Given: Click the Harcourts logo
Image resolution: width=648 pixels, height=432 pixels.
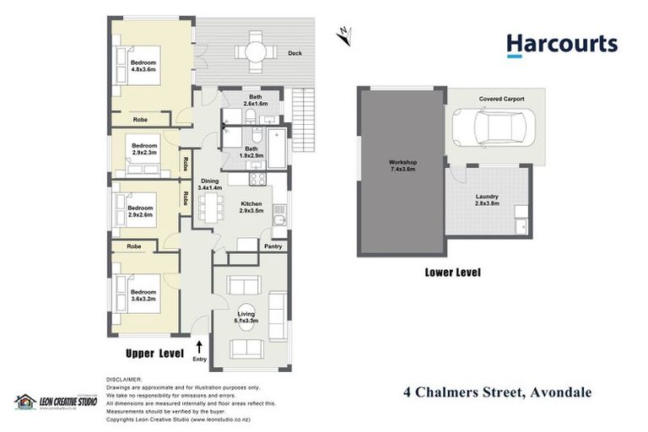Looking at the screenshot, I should pos(561,46).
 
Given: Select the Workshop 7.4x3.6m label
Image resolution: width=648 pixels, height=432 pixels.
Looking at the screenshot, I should pos(402,166).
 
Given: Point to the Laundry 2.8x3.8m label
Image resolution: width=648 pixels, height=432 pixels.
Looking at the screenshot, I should pos(488,201).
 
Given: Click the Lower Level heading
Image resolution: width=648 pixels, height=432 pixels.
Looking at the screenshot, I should pos(447,273).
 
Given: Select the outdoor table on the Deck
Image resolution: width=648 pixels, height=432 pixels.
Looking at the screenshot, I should pos(254,52).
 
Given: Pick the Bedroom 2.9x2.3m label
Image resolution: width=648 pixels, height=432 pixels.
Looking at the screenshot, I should pos(144,150).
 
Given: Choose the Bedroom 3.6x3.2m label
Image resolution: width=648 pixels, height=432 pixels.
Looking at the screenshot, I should pos(143,294).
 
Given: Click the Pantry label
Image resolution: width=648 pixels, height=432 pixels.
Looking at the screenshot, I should pos(273,246).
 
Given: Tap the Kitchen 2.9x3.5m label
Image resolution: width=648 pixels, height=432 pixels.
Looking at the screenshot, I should pos(251,208).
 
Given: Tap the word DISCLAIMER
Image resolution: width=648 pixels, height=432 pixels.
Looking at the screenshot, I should pos(124,379).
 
